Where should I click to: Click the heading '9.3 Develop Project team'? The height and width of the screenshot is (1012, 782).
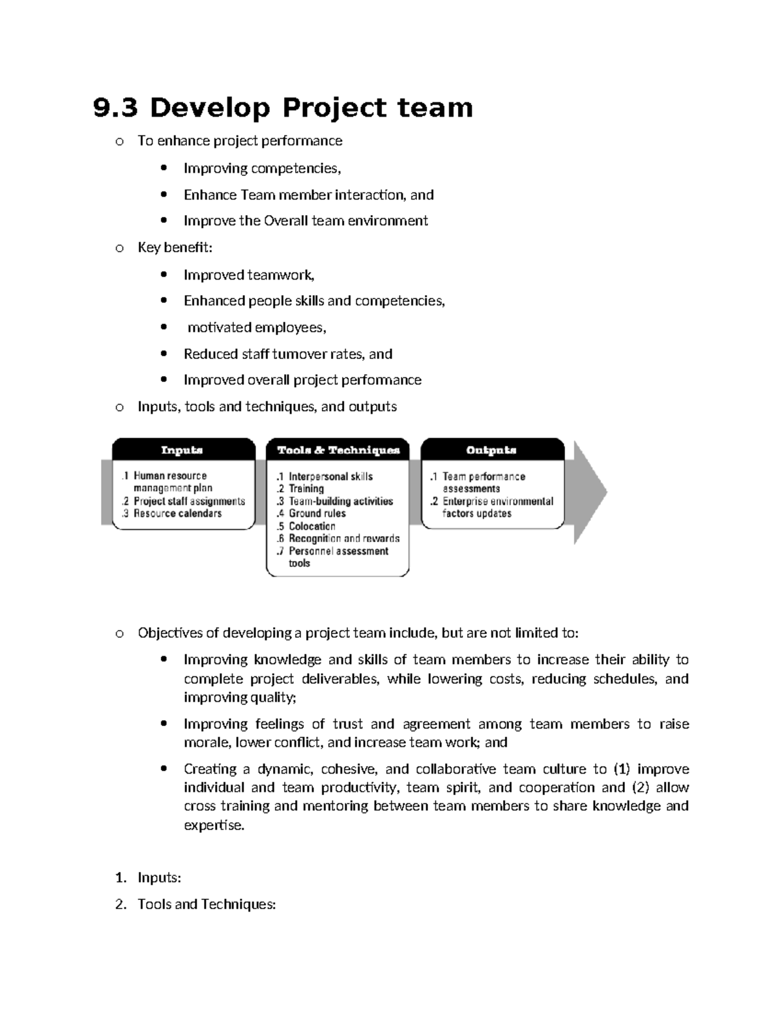pyautogui.click(x=283, y=108)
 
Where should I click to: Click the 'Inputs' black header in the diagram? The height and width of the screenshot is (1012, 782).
pyautogui.click(x=182, y=450)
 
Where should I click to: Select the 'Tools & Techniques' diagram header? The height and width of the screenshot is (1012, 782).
pyautogui.click(x=338, y=450)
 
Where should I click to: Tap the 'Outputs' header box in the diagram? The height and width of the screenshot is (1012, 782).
pyautogui.click(x=491, y=450)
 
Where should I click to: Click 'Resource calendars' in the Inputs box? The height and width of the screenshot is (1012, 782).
pyautogui.click(x=177, y=513)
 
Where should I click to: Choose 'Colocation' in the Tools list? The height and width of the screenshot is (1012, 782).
pyautogui.click(x=311, y=527)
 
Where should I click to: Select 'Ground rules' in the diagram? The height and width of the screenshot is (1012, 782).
pyautogui.click(x=317, y=513)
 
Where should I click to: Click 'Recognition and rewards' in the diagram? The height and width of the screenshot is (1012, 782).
pyautogui.click(x=344, y=539)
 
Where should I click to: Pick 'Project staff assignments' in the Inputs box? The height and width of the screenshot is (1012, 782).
pyautogui.click(x=189, y=501)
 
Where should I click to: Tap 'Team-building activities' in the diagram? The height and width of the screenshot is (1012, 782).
pyautogui.click(x=341, y=501)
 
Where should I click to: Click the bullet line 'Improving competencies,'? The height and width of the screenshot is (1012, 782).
pyautogui.click(x=262, y=169)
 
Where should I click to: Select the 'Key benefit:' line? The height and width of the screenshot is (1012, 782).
pyautogui.click(x=175, y=248)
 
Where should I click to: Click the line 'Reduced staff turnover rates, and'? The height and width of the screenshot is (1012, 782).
pyautogui.click(x=287, y=354)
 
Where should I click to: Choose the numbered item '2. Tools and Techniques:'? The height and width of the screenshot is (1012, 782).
pyautogui.click(x=207, y=904)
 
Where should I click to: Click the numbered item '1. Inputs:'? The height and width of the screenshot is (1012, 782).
pyautogui.click(x=159, y=878)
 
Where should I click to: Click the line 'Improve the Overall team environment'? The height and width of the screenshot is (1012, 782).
pyautogui.click(x=306, y=221)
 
